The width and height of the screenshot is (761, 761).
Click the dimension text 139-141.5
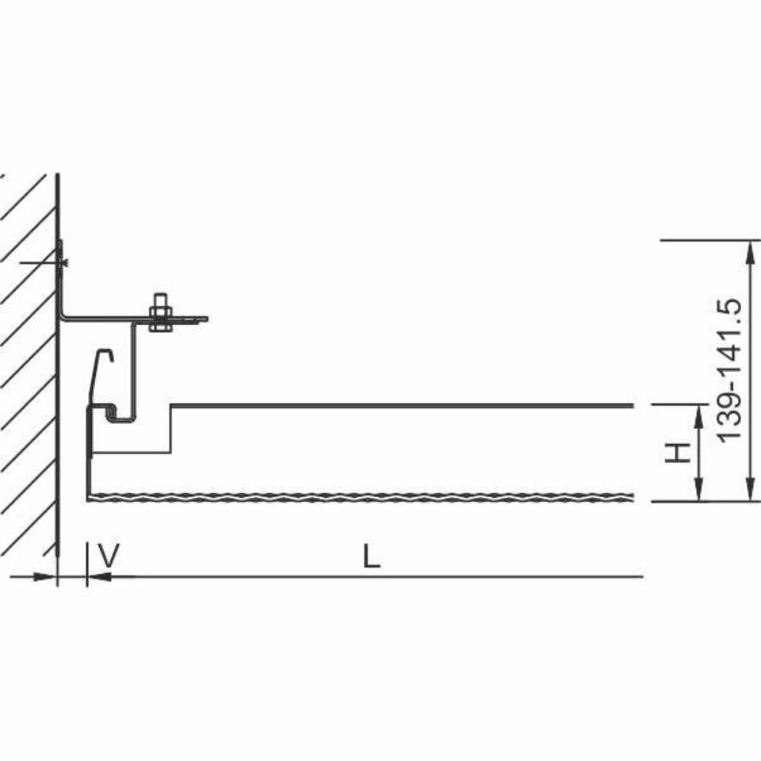coord(729,369)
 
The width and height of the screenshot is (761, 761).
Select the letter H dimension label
coord(677,453)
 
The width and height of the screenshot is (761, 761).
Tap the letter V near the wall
coord(109,556)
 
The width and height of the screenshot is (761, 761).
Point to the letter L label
coord(371,556)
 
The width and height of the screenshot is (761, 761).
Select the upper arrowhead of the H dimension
coord(699,416)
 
